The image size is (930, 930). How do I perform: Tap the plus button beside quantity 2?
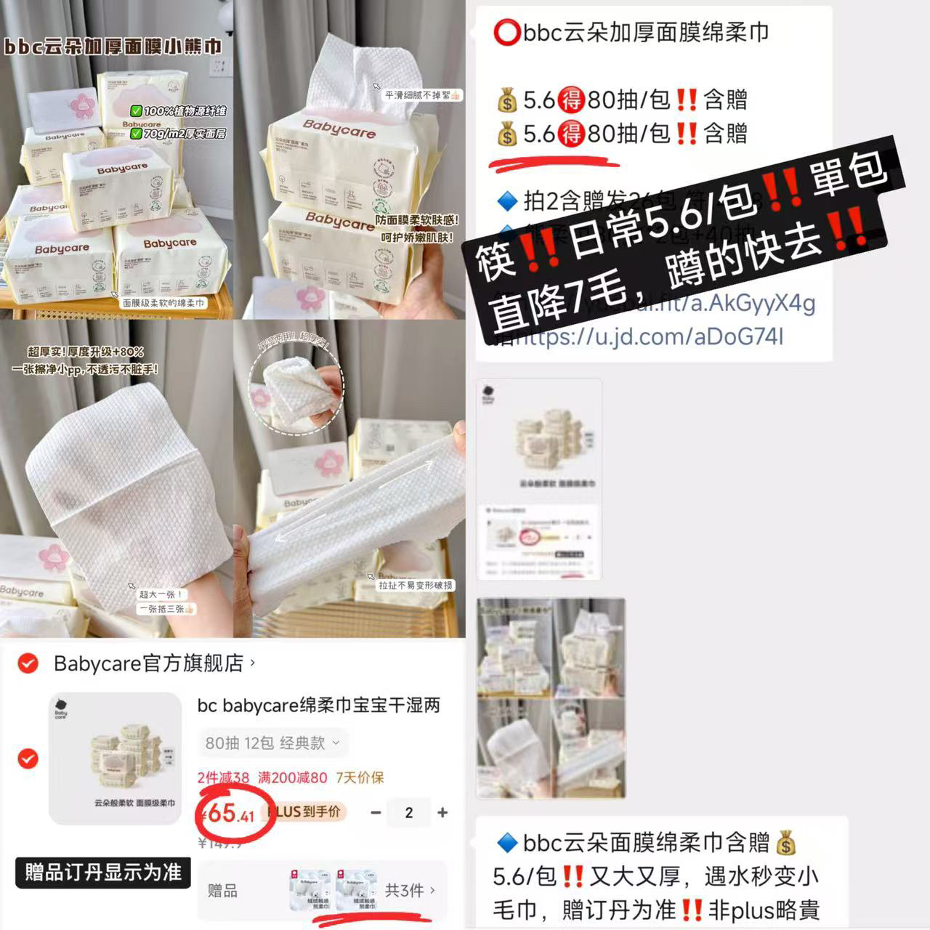(x=442, y=812)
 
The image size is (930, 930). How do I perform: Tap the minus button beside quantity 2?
(x=376, y=812)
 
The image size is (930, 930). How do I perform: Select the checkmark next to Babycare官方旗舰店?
(x=28, y=663)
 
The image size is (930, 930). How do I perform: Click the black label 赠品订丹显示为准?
(x=102, y=872)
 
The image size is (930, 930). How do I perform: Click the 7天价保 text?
(x=360, y=777)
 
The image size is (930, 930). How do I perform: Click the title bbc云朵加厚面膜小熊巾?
(x=113, y=46)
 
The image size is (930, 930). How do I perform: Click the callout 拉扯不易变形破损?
(x=415, y=585)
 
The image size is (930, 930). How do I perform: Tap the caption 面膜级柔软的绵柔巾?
(x=163, y=302)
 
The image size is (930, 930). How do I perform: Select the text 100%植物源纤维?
(x=178, y=111)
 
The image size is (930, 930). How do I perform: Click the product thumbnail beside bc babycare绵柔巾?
(x=115, y=759)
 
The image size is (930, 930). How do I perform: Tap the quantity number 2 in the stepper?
(x=408, y=812)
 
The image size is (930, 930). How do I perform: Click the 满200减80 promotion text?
(x=292, y=777)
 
